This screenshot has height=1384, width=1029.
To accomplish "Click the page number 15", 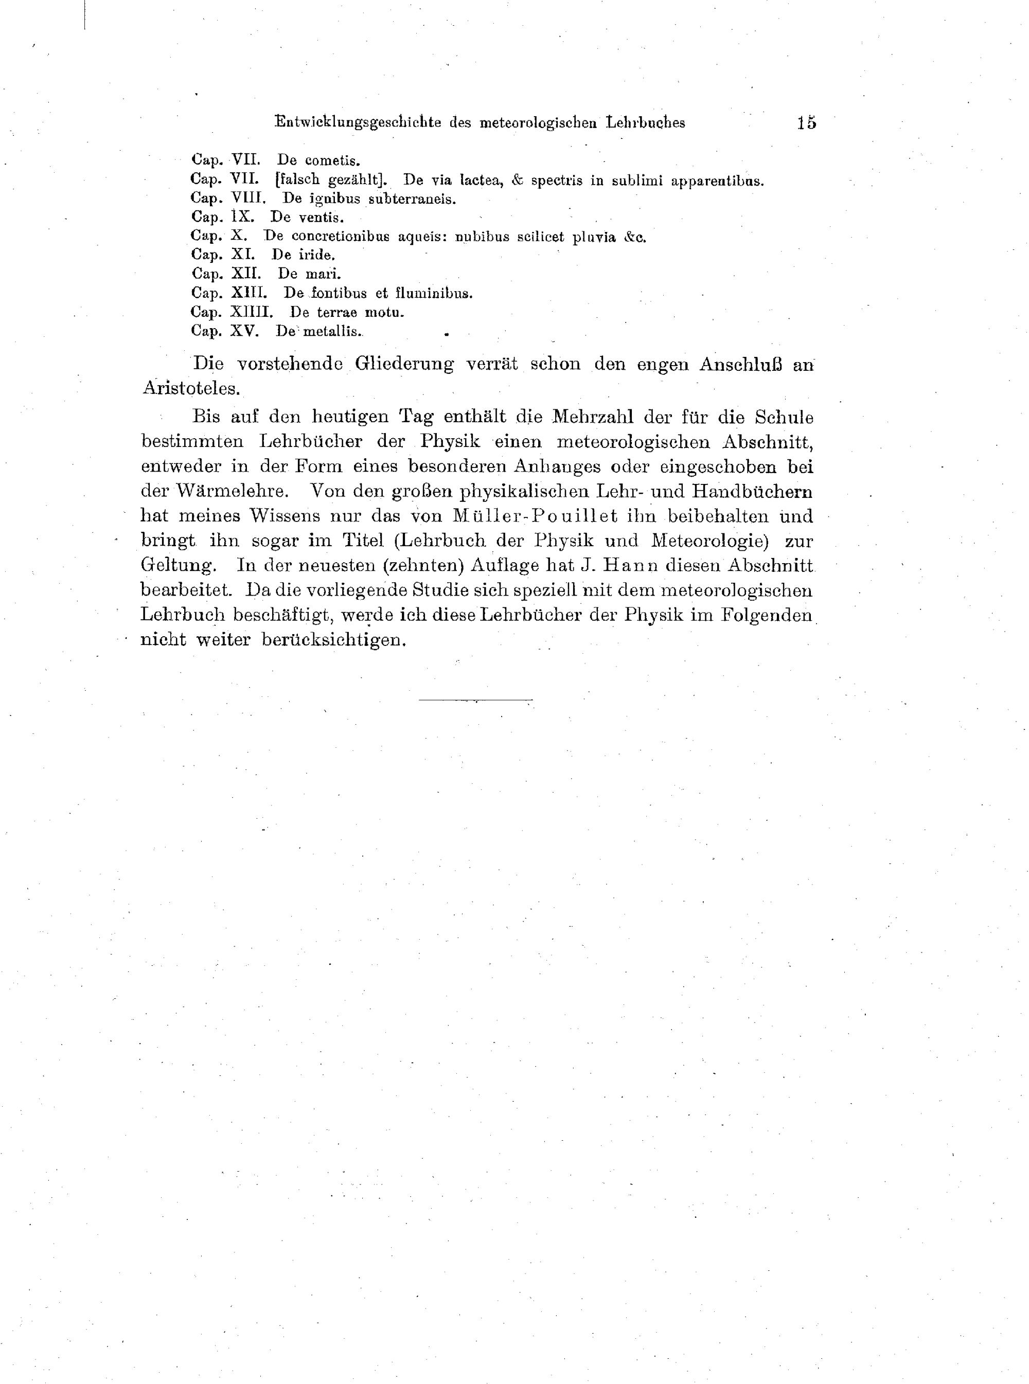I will pyautogui.click(x=806, y=122).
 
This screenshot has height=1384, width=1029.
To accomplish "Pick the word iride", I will pyautogui.click(x=317, y=255).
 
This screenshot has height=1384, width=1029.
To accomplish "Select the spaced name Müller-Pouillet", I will pyautogui.click(x=536, y=516).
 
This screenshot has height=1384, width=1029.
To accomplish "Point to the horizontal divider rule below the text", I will pyautogui.click(x=475, y=700).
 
